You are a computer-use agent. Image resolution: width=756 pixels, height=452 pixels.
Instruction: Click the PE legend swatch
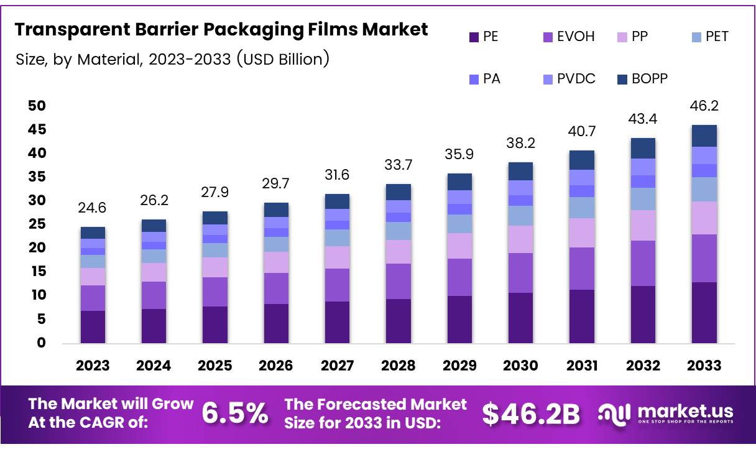[x=474, y=37]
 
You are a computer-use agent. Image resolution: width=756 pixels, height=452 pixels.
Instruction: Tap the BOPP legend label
[x=650, y=79]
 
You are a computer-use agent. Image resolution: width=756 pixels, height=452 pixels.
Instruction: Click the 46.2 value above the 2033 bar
[x=704, y=106]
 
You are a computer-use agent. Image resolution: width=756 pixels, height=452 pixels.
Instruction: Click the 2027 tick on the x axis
[x=337, y=365]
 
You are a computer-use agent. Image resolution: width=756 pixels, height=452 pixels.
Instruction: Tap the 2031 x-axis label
[x=582, y=365]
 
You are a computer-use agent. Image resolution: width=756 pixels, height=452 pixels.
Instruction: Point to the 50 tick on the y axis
[x=37, y=106]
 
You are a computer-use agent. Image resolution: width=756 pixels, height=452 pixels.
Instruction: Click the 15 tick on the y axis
[x=37, y=272]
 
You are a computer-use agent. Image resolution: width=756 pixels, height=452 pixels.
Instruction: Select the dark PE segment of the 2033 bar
[x=704, y=313]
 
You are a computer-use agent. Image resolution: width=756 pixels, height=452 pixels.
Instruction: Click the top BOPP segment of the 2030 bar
[x=520, y=171]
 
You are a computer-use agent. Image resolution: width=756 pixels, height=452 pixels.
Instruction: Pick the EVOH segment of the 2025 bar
[x=215, y=292]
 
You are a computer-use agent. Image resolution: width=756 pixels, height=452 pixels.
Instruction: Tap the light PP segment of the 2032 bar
[x=643, y=225]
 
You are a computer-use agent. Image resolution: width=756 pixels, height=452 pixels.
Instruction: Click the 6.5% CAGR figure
[x=236, y=413]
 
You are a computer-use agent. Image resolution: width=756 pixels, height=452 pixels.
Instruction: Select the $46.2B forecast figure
[x=531, y=414]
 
